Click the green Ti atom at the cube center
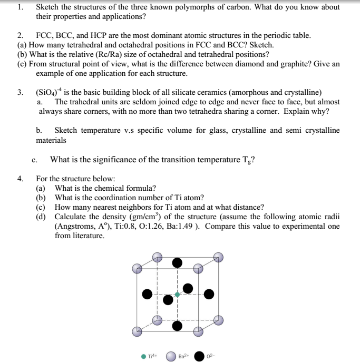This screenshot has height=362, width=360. (x=177, y=294)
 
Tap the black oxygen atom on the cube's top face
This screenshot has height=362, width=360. (x=178, y=262)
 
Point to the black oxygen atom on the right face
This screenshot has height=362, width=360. (x=209, y=293)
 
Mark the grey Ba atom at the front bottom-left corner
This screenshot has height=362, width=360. (x=137, y=331)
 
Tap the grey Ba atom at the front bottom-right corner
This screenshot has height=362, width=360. (x=198, y=331)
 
